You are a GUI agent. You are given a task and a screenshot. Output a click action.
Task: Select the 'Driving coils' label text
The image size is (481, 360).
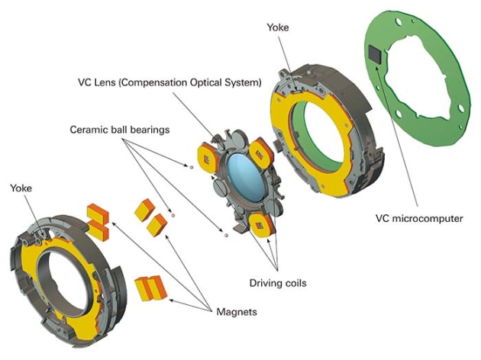[277, 283]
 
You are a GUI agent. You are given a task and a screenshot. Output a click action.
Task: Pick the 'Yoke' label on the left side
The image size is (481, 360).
[21, 187]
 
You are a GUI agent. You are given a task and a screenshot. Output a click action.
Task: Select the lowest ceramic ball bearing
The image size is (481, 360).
[226, 236]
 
